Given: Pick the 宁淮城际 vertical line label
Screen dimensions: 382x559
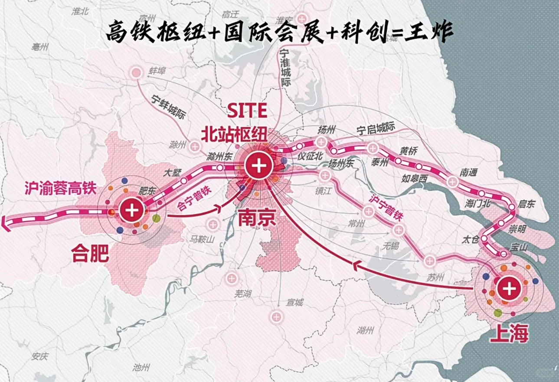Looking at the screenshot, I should (285, 69).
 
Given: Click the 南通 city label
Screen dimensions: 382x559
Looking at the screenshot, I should (468, 173).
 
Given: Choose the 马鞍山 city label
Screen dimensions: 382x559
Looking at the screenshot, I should (201, 238).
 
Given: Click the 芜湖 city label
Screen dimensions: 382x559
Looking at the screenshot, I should (242, 294).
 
